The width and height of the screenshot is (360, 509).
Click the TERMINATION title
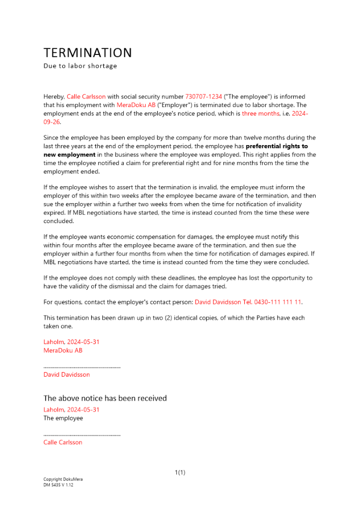pos(88,53)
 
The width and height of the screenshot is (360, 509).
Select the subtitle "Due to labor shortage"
pos(80,66)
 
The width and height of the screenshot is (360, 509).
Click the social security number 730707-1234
pos(204,96)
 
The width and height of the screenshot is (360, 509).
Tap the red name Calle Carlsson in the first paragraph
pos(86,96)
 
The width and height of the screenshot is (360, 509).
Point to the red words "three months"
pos(261,114)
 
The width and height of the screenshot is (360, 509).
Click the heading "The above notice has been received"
pos(105,398)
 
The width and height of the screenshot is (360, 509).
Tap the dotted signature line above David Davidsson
pos(82,366)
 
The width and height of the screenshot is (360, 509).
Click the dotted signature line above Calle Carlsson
pos(82,435)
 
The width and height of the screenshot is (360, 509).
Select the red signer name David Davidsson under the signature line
pos(67,375)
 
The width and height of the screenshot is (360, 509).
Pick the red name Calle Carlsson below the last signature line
pos(63,442)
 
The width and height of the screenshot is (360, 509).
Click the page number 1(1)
pos(180,472)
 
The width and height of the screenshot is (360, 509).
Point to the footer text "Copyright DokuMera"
pos(63,479)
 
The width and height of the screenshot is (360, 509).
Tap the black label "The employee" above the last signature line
pos(63,418)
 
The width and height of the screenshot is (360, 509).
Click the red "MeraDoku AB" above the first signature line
pos(63,350)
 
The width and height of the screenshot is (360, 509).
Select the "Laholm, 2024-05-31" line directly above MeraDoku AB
pos(71,342)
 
